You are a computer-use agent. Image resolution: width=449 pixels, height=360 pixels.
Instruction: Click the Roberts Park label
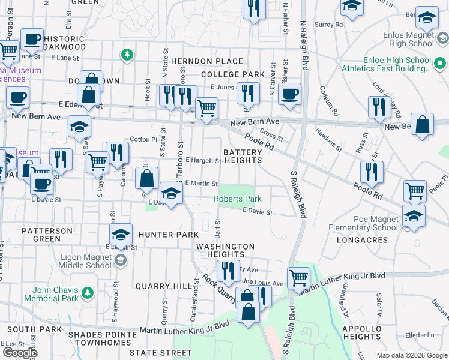coord(238,199)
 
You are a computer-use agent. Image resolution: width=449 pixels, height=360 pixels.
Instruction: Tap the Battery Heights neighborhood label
coord(243,156)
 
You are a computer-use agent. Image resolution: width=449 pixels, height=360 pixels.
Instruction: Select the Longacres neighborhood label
coord(357,239)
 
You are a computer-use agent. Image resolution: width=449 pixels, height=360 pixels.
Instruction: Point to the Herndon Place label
coord(206,61)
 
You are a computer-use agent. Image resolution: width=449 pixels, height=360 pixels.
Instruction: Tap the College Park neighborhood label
coord(233,74)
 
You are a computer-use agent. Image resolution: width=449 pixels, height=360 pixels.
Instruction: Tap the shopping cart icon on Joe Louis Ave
coord(298,277)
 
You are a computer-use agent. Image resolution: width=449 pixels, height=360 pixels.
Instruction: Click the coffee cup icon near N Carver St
coord(290,94)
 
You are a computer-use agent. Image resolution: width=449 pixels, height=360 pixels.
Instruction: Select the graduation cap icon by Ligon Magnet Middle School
coord(121,234)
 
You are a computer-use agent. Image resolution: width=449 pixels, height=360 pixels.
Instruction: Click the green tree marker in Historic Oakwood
coord(127,55)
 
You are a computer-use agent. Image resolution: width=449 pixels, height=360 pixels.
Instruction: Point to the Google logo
coord(20,353)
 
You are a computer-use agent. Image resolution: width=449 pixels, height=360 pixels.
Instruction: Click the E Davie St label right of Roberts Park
coord(258,212)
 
